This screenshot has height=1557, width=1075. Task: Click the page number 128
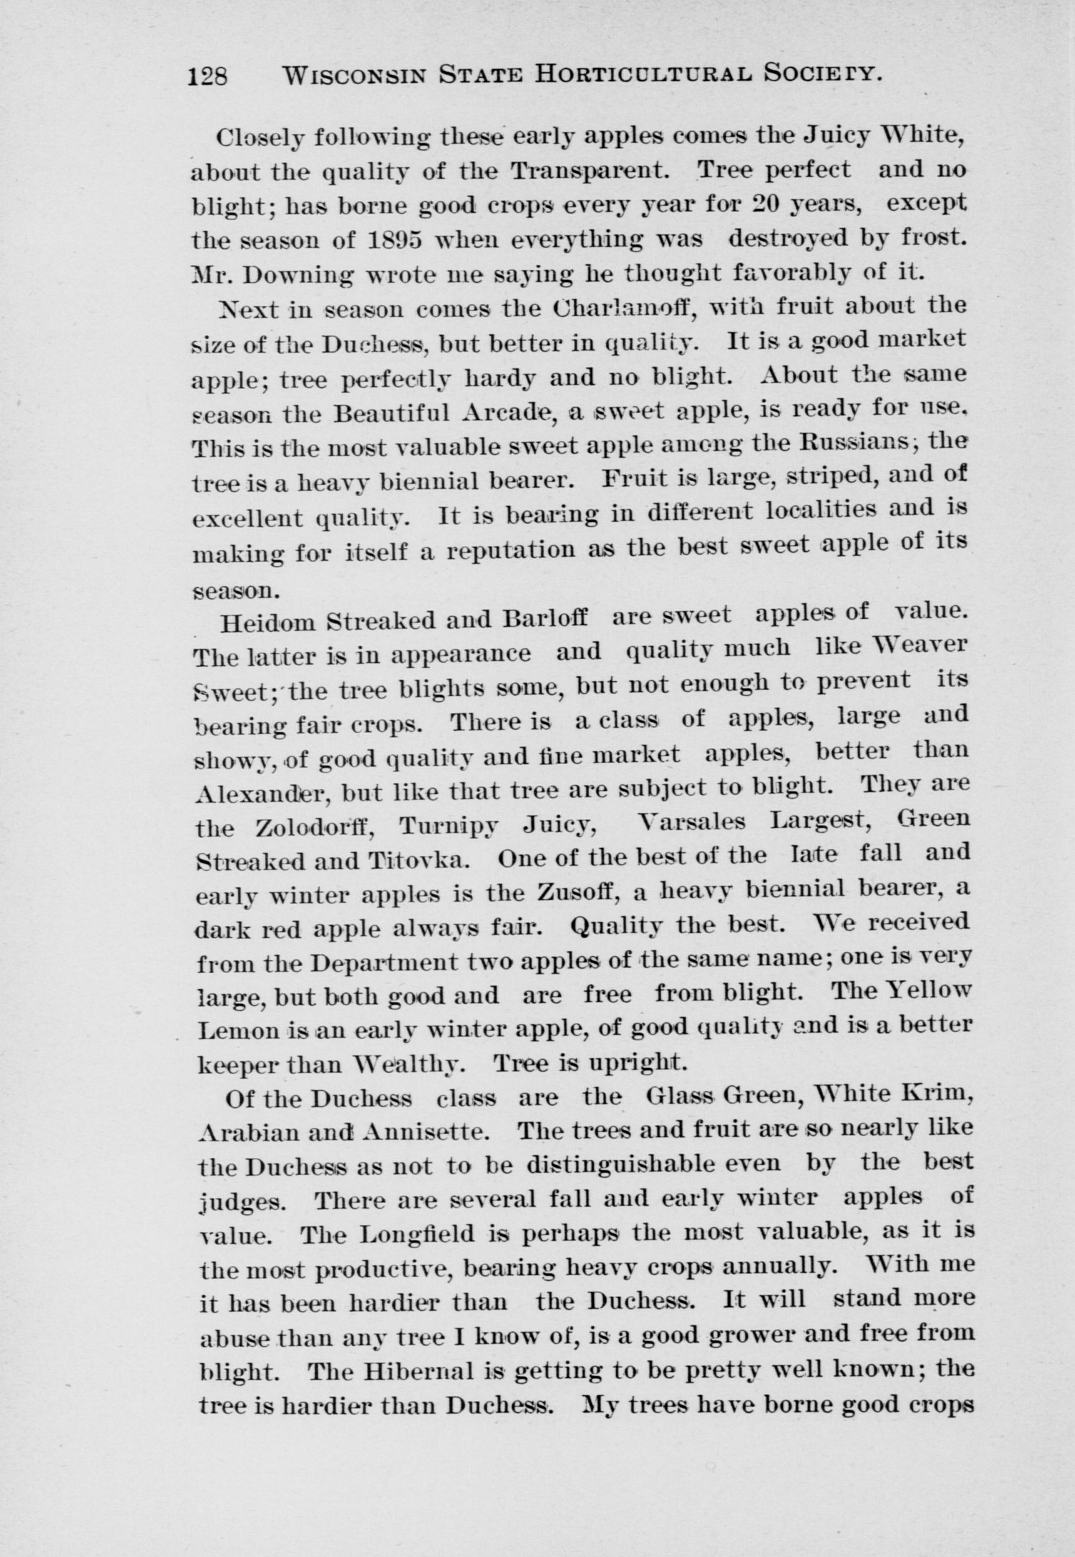tap(209, 76)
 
